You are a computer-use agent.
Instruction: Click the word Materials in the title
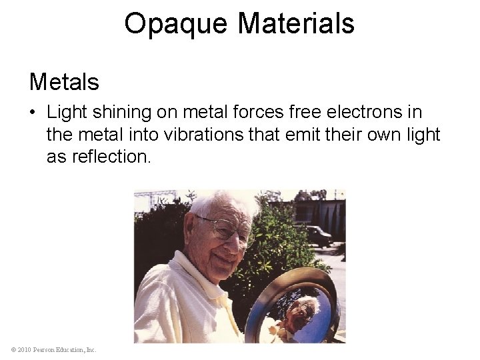pyautogui.click(x=296, y=23)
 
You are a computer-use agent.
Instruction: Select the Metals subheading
pyautogui.click(x=64, y=82)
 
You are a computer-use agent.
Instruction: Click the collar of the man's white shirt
pyautogui.click(x=190, y=273)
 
